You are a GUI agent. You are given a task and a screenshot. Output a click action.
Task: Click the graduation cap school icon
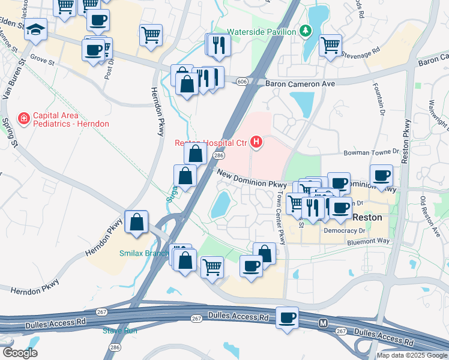point(36,29)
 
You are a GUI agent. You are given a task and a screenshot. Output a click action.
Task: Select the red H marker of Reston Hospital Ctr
point(256,142)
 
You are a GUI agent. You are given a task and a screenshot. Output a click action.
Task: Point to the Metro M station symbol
point(324,323)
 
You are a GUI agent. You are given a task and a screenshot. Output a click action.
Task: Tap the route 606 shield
point(242,81)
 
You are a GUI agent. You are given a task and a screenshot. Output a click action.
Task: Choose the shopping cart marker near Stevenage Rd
point(330,44)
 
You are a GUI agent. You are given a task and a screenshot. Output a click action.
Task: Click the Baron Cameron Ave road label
point(300,84)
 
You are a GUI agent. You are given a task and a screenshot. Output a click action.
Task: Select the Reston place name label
point(367,218)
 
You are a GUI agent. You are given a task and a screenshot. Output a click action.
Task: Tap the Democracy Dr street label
point(344,230)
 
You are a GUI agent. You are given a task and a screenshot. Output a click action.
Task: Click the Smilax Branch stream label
point(144,253)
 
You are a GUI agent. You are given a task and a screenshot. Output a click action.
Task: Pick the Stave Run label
point(120,331)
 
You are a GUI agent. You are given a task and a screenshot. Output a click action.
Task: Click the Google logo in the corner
point(20,353)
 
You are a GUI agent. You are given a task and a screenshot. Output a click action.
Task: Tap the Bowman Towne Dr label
point(371,153)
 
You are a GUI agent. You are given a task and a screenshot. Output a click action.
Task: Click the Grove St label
point(43,61)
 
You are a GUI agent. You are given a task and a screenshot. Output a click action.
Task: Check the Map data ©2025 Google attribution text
point(411,355)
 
